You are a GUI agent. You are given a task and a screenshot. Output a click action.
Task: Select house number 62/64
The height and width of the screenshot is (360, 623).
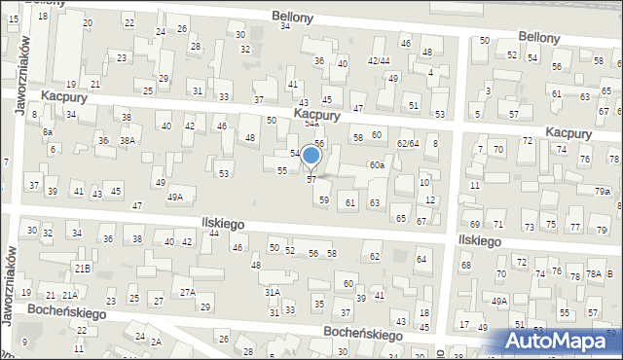click(408, 144)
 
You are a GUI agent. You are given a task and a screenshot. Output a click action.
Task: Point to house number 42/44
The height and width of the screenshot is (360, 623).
click(379, 61)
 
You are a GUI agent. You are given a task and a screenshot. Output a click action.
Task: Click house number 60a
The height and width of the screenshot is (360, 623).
click(377, 165)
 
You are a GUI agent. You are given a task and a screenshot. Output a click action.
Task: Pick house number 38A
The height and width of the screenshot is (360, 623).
click(127, 141)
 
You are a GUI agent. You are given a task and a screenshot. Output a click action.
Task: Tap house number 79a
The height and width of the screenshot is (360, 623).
click(603, 192)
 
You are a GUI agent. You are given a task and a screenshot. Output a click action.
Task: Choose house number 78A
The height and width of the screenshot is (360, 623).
click(594, 274)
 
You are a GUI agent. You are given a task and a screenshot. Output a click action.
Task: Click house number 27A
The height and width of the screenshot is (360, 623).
click(187, 292)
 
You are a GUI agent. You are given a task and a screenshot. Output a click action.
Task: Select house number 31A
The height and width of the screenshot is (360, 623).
click(273, 292)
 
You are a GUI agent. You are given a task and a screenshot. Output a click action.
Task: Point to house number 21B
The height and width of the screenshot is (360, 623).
click(83, 268)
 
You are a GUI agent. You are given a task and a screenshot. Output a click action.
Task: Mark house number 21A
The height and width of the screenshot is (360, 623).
click(70, 295)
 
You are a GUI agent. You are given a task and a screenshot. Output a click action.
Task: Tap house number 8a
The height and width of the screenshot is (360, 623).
click(47, 131)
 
